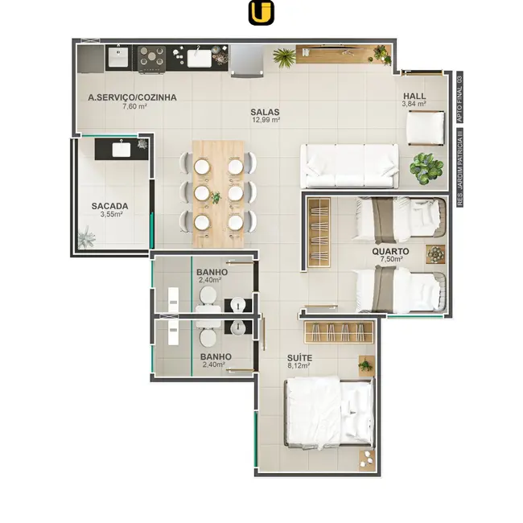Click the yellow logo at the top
pos(261,13)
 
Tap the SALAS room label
pos(265,112)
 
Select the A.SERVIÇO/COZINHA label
pos(133,97)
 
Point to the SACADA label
pos(109,206)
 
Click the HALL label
pos(414,96)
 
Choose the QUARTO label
pos(390,252)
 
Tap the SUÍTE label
pos(299,358)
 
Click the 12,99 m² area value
pos(266,120)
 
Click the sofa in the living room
pos(349,166)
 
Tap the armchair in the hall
pos(426,129)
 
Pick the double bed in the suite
pos(329,413)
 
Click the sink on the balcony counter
pos(121,150)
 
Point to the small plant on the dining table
pos(216,197)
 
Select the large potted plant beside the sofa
pos(426,168)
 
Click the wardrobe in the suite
pos(338,332)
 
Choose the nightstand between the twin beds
pos(435,254)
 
